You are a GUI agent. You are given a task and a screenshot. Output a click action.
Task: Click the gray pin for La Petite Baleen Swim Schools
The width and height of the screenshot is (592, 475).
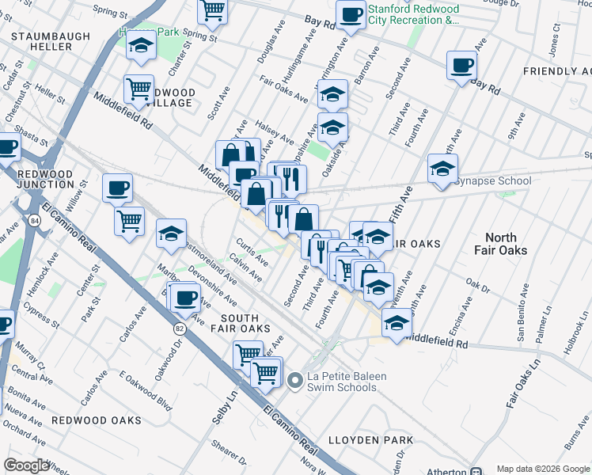[295, 382]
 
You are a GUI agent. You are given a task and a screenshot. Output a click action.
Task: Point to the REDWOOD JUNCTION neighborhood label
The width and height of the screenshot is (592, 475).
[45, 179]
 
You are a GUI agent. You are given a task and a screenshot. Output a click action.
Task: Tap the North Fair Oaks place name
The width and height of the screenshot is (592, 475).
[500, 244]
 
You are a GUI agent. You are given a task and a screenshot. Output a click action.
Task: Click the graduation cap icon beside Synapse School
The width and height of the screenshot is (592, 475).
[442, 169]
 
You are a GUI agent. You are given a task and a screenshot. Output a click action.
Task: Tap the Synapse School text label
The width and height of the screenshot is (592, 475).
[492, 181]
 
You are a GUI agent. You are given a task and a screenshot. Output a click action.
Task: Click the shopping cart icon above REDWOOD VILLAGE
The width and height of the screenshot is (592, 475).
[139, 89]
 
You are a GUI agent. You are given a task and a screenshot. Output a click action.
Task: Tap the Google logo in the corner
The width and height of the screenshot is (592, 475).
[26, 465]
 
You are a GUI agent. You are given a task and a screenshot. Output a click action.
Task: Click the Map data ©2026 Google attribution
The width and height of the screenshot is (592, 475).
[543, 469]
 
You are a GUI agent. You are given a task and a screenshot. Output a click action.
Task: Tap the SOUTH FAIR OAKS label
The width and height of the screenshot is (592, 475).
[241, 322]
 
